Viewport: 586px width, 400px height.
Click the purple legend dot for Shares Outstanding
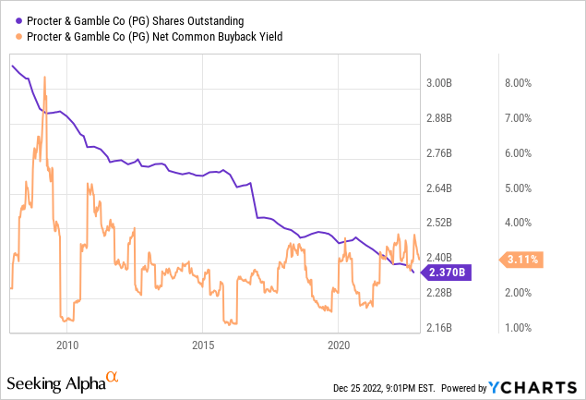click(19, 20)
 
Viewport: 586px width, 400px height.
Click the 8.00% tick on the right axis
click(517, 83)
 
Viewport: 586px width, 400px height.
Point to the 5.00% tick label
click(517, 188)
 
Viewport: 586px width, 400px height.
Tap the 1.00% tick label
click(517, 328)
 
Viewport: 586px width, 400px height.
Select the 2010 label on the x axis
click(66, 345)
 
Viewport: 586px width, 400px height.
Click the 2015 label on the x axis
click(203, 345)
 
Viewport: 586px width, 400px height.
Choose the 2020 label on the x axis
click(339, 345)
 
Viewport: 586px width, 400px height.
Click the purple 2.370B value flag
click(448, 272)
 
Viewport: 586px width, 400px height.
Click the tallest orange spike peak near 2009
click(46, 78)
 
